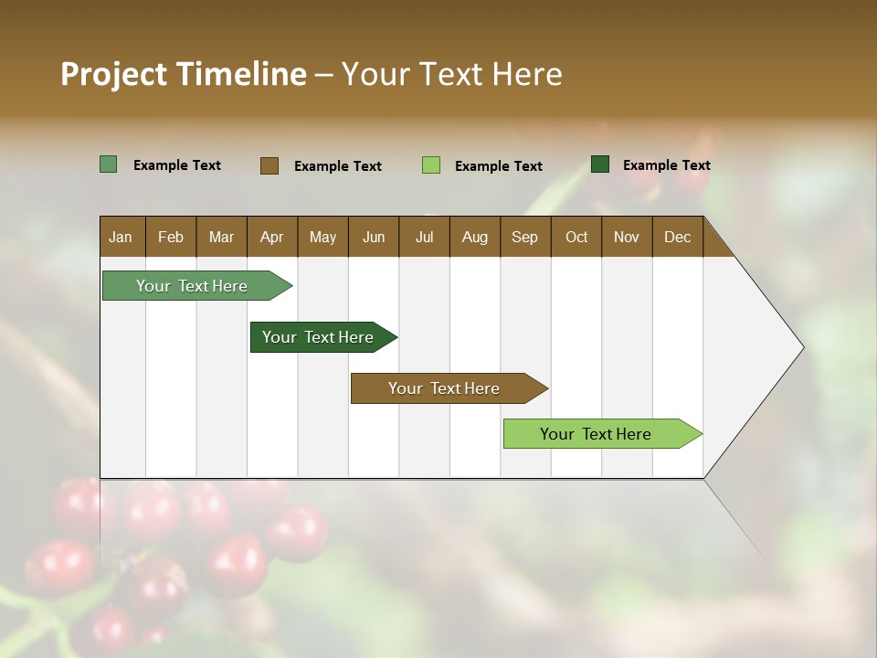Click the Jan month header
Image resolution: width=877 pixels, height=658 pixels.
coord(122,237)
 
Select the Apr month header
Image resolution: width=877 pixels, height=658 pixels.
coord(271,237)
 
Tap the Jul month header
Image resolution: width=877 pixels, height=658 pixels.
coord(424,237)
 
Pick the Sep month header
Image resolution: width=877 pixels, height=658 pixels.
coord(524,237)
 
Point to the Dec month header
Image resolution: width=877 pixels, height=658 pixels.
coord(677,237)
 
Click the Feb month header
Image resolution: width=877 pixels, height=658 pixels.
coord(171,237)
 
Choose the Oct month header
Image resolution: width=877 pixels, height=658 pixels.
coord(576,237)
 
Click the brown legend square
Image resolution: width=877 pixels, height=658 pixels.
coord(269,165)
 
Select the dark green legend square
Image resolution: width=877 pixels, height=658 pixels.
coord(600,164)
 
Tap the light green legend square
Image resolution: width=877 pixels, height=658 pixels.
coord(431,165)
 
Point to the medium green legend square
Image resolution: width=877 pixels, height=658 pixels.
coord(109,164)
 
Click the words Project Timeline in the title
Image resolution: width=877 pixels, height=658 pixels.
coord(183,74)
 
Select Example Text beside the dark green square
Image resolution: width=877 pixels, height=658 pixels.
coord(666,165)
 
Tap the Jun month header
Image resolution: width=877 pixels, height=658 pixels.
coord(374,237)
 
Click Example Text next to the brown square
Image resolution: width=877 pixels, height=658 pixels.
coord(337,166)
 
